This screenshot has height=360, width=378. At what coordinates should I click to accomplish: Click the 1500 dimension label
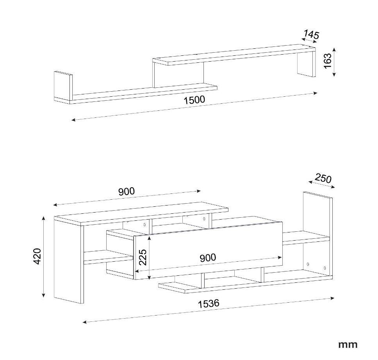(x=194, y=100)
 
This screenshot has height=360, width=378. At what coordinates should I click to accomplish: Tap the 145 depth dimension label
(x=311, y=35)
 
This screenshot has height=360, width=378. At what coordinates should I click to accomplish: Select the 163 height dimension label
(x=328, y=61)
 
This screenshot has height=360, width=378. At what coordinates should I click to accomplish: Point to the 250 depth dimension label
(x=323, y=178)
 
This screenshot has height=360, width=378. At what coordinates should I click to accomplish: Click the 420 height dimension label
(x=37, y=256)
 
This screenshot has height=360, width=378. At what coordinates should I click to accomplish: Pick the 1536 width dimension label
(x=209, y=304)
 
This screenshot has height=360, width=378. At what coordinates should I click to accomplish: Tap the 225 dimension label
(x=142, y=257)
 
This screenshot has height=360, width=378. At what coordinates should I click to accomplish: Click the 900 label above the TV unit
(x=127, y=191)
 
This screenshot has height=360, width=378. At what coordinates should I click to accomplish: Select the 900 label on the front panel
(x=208, y=258)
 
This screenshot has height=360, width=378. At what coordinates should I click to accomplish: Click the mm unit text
(x=348, y=344)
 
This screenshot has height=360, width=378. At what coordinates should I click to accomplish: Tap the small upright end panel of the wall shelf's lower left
(x=63, y=86)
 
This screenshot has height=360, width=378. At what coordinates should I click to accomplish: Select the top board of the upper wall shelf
(x=234, y=55)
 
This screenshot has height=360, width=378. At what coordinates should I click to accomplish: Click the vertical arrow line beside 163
(x=334, y=62)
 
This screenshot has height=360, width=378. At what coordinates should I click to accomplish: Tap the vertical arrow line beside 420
(x=43, y=257)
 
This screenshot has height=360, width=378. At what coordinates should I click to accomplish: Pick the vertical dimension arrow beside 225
(x=150, y=257)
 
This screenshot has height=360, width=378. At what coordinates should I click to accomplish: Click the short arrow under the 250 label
(x=322, y=184)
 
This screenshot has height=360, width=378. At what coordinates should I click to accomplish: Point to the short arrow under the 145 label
(x=309, y=40)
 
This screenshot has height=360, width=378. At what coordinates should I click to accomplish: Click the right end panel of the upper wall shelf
(x=307, y=64)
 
